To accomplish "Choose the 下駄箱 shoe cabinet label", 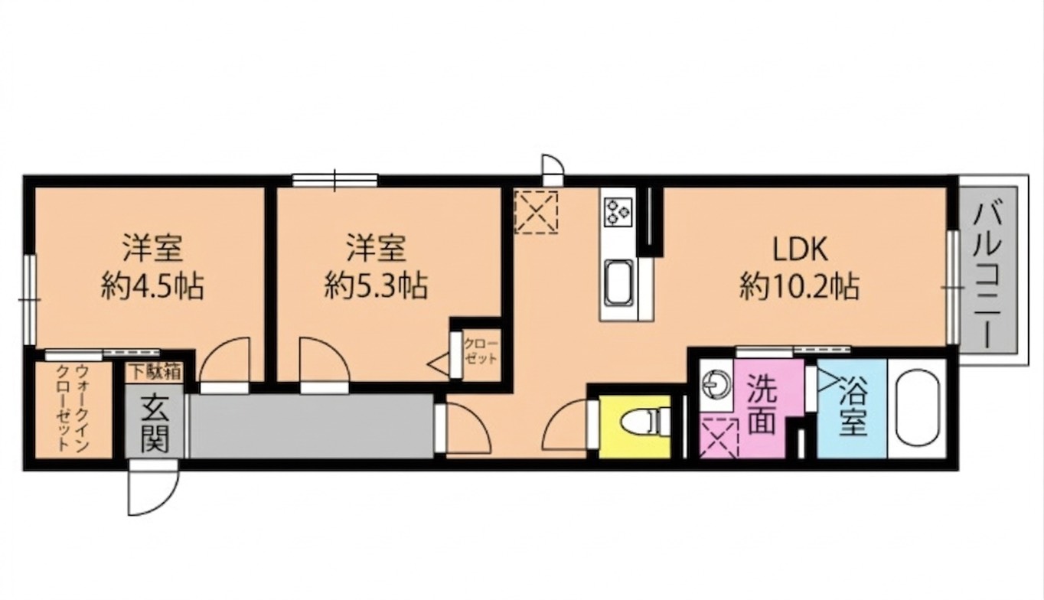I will (155, 373).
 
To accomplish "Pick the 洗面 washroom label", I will (762, 406).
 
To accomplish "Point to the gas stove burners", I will (617, 210).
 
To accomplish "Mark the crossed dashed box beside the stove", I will (536, 211).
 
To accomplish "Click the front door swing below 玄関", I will (152, 490).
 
